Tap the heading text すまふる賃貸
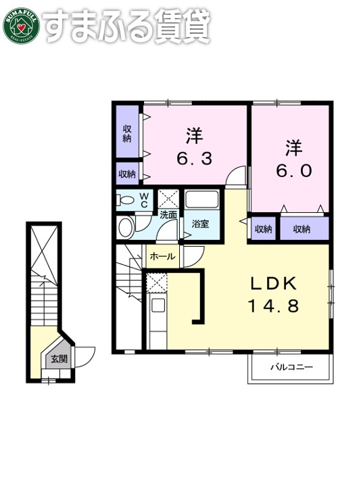coord(127,25)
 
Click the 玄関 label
coord(58,359)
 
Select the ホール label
coord(162,257)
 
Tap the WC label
coord(144,199)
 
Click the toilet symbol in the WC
coord(125,199)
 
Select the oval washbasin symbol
coord(125,228)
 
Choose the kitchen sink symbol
coord(158,305)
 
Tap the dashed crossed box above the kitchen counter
coord(156,282)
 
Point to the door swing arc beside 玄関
coord(84,354)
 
